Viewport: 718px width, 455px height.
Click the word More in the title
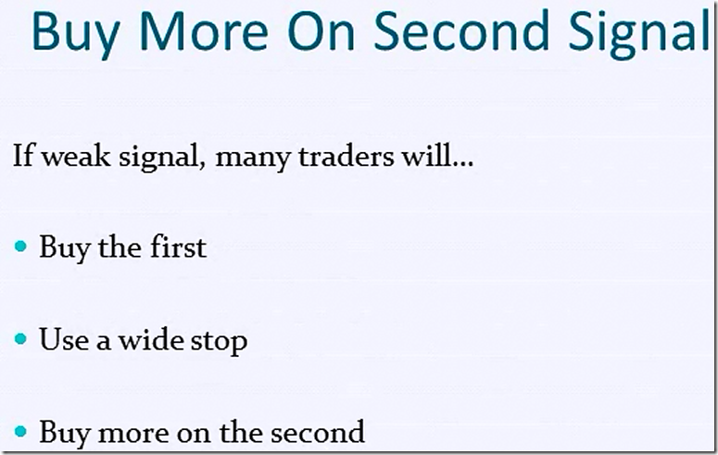pos(203,31)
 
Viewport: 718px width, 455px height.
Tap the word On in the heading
pos(321,31)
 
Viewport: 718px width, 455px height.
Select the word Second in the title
pos(461,31)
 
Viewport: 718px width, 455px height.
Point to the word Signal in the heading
pos(638,33)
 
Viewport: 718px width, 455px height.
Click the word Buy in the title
pos(76,34)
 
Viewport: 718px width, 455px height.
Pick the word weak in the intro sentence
pos(77,156)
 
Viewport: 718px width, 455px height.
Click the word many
pos(253,158)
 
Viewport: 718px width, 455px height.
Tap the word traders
pos(346,156)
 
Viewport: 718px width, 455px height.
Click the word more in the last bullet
pos(133,433)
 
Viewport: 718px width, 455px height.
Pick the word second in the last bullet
pos(318,431)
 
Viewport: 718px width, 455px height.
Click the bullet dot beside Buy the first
pos(20,246)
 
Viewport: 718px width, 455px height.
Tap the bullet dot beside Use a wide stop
pos(20,338)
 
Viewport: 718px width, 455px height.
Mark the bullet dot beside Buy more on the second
pos(20,431)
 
